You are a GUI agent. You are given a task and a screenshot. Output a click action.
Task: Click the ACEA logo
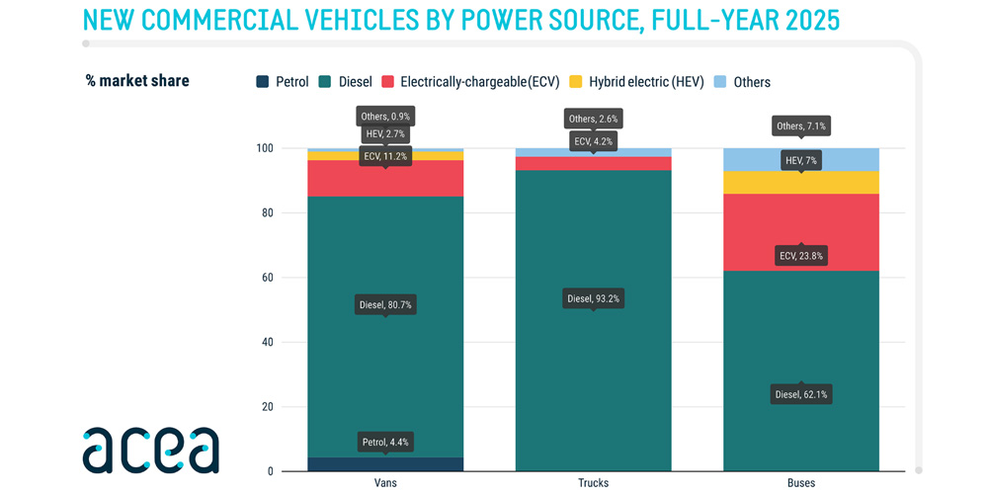[150, 450]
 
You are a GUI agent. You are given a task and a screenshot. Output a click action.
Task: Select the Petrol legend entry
[283, 82]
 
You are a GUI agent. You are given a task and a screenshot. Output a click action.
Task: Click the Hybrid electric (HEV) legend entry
[636, 82]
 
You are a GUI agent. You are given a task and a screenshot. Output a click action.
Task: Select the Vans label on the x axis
[385, 483]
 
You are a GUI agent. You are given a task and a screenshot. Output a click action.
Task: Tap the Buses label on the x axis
[801, 483]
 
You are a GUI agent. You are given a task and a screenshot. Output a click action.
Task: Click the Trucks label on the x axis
[593, 483]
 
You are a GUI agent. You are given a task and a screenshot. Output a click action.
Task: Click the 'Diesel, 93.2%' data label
[593, 298]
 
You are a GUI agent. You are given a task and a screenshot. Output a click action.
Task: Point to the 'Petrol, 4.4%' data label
[385, 442]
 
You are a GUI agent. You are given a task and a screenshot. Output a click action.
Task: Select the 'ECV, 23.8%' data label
[801, 256]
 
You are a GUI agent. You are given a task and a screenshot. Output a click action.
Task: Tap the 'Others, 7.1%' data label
[801, 126]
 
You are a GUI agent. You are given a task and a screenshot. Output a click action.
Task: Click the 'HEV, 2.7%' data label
[385, 134]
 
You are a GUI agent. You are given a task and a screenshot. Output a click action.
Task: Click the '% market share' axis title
[137, 81]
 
